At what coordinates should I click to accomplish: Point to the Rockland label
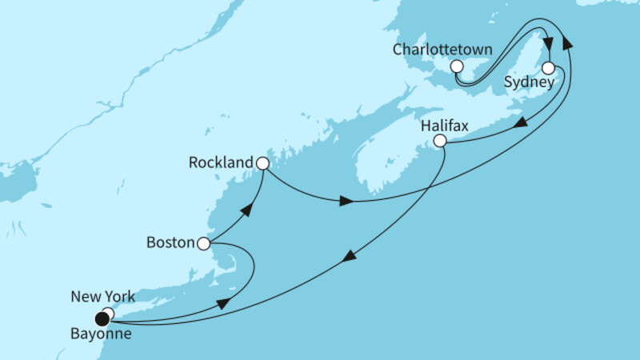point(221,162)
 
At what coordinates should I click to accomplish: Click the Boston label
point(171,242)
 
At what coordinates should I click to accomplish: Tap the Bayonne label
point(99,334)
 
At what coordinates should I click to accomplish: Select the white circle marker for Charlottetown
point(457,66)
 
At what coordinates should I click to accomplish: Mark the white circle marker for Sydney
point(548,68)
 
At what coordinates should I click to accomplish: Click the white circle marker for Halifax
point(439,142)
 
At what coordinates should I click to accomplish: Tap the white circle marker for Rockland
point(262,163)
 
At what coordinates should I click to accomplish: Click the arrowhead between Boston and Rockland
point(248,210)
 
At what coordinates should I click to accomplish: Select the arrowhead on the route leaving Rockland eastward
point(346,201)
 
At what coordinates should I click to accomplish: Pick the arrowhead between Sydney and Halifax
point(519,124)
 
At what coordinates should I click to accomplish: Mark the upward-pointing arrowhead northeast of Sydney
point(570,45)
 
